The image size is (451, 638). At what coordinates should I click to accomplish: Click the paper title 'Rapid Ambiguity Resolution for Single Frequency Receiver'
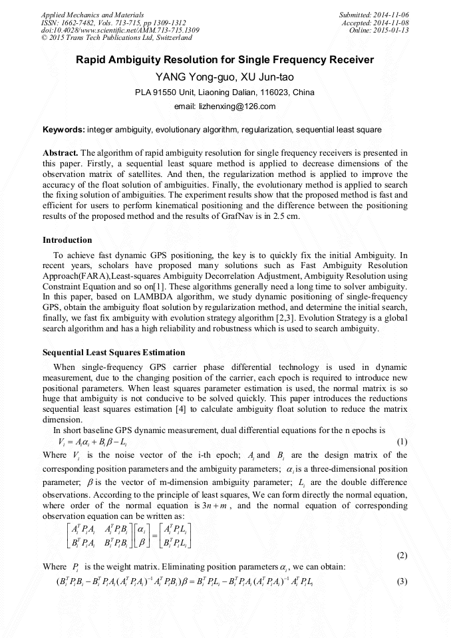[225, 60]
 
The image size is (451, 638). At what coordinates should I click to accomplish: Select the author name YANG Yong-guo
[186, 77]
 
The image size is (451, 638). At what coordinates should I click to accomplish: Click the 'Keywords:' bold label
[63, 129]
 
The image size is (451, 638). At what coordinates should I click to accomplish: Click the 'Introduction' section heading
[67, 240]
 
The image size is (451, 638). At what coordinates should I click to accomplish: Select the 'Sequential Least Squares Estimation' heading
[114, 352]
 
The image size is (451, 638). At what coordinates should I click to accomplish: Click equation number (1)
[402, 442]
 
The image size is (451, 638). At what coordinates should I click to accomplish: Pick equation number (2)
[402, 555]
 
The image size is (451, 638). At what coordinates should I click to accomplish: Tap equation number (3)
[402, 581]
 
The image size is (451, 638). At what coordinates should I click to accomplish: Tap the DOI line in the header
[120, 31]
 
